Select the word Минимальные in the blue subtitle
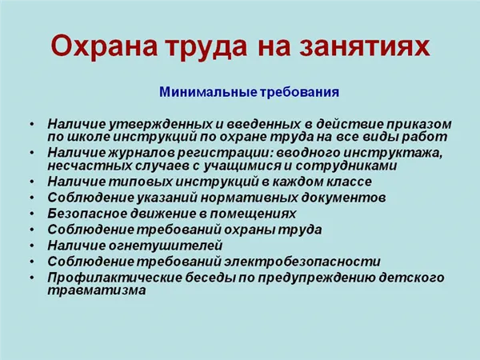pos(208,92)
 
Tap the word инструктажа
pos(393,153)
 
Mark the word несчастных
pos(90,166)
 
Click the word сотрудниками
pos(346,166)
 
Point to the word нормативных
pos(249,198)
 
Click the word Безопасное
pos(87,214)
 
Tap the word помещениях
pos(253,214)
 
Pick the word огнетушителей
pos(166,246)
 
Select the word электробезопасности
pos(302,262)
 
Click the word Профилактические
pos(114,278)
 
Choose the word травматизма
pos(97,290)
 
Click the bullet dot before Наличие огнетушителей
pos(32,246)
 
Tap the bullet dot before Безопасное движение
pos(32,214)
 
